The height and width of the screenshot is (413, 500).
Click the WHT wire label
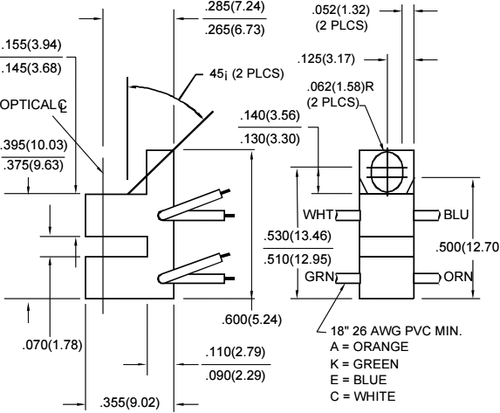(x=318, y=215)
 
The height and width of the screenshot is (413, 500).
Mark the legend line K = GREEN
(x=374, y=362)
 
